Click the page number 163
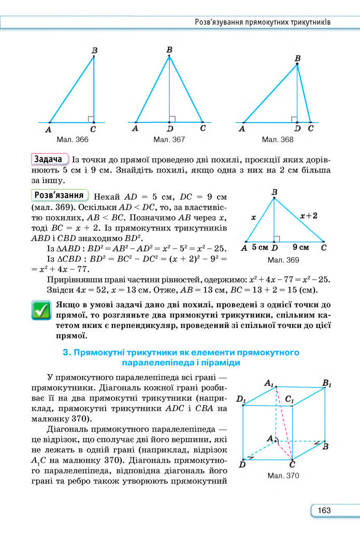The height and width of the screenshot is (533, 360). click(x=324, y=511)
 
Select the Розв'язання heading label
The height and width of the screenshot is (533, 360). click(x=60, y=195)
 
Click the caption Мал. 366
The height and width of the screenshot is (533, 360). click(x=74, y=140)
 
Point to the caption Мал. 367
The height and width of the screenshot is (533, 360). click(x=169, y=140)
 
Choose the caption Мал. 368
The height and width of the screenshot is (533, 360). click(x=278, y=140)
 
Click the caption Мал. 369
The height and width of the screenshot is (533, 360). click(x=283, y=260)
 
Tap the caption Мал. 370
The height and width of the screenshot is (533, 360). click(x=283, y=475)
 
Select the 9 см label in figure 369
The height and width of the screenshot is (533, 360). click(x=300, y=247)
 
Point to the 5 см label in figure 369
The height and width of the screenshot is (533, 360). click(x=260, y=247)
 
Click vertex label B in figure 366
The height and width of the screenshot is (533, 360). click(x=95, y=50)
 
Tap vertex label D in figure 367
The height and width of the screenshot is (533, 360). click(x=169, y=128)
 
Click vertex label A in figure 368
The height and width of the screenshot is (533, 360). click(x=241, y=128)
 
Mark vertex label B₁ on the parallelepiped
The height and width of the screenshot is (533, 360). click(x=327, y=383)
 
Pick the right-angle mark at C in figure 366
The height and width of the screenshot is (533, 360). click(x=90, y=119)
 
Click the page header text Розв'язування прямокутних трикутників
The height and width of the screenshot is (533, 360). click(x=262, y=22)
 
